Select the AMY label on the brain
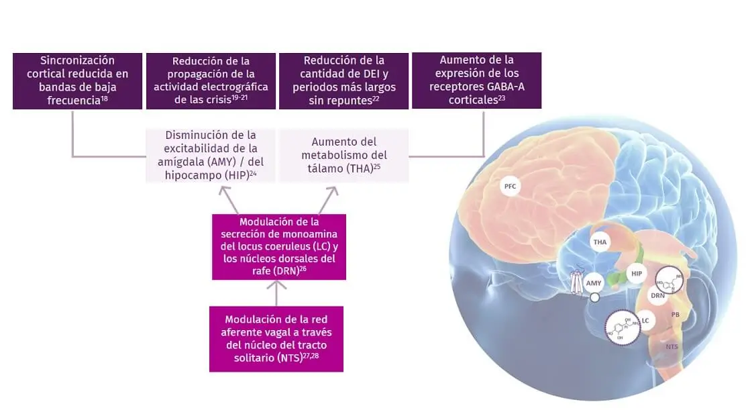click(x=594, y=283)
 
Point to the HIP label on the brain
click(x=637, y=273)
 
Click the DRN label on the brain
click(x=658, y=295)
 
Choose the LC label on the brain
click(x=645, y=321)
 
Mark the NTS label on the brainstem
click(x=672, y=346)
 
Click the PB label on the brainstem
click(x=676, y=313)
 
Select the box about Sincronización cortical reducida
click(x=78, y=81)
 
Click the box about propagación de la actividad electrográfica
click(x=211, y=81)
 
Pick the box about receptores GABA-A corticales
click(x=476, y=81)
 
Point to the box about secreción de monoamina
click(x=279, y=247)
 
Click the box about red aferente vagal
click(x=276, y=339)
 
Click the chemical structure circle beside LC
click(x=621, y=328)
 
